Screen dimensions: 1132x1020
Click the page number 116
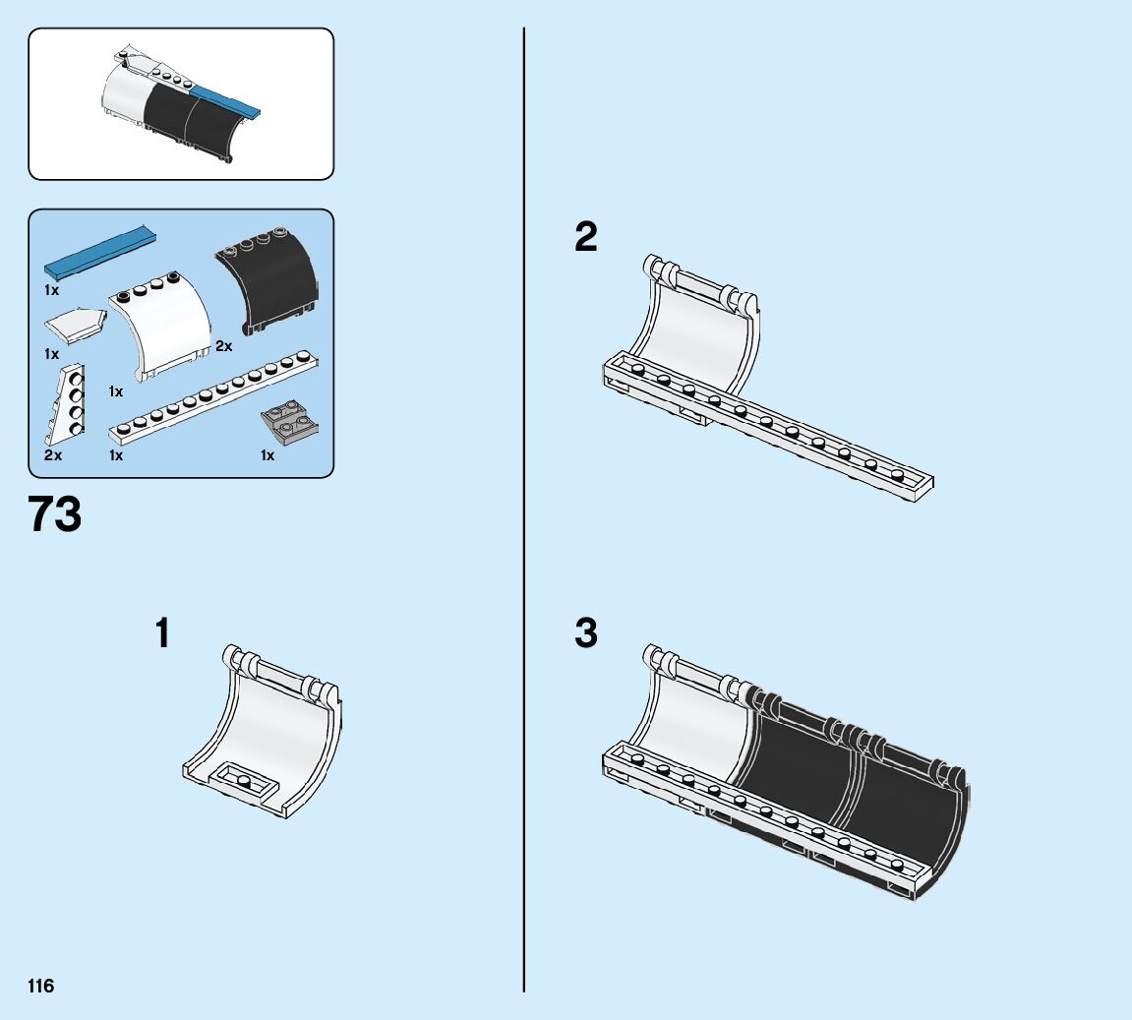[41, 986]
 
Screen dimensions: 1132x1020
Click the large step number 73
[55, 515]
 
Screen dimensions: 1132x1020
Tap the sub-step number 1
[163, 634]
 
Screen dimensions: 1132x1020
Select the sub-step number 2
[586, 237]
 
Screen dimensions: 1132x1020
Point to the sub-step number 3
[586, 634]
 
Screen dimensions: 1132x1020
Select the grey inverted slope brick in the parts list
[289, 422]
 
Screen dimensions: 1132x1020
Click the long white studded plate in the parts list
[214, 394]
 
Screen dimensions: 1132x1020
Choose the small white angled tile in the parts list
[74, 323]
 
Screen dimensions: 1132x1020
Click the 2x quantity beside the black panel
[224, 346]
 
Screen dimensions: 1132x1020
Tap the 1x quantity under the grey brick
[268, 455]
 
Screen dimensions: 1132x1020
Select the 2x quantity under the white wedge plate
[53, 455]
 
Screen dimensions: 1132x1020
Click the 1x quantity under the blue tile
[51, 291]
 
